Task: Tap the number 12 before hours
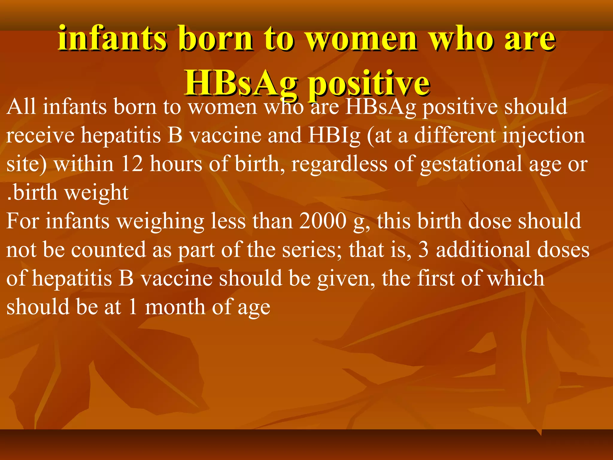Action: pos(132,164)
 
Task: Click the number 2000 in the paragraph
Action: pos(323,221)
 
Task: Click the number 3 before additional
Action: pos(423,250)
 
